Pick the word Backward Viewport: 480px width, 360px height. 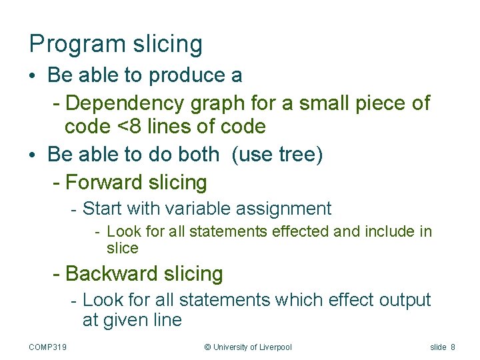(111, 273)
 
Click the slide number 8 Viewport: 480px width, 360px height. (453, 347)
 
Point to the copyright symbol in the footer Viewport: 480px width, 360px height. (207, 347)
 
